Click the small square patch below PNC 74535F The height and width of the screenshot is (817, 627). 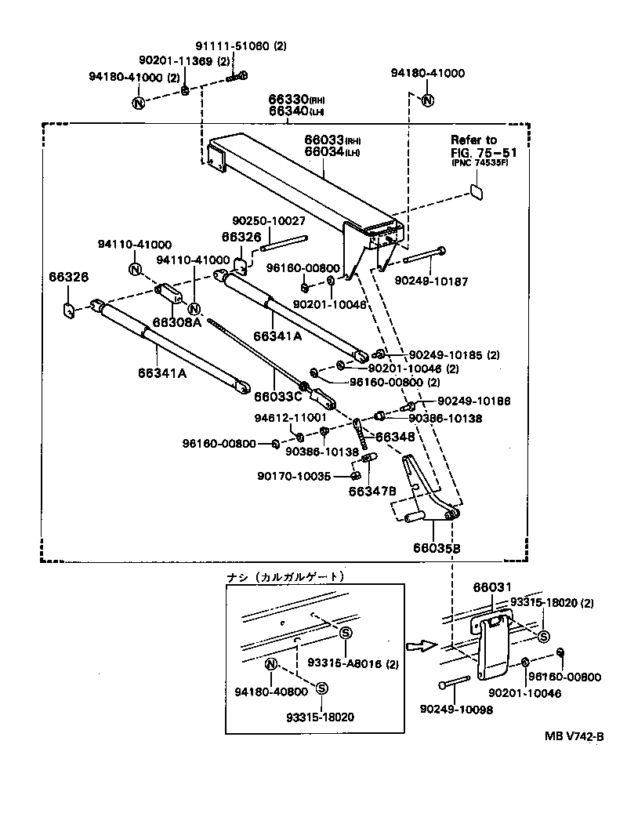[x=477, y=191]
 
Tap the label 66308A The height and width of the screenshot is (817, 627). [x=176, y=321]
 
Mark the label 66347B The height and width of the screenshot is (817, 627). [x=371, y=490]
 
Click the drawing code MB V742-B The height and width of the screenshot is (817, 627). [x=574, y=737]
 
